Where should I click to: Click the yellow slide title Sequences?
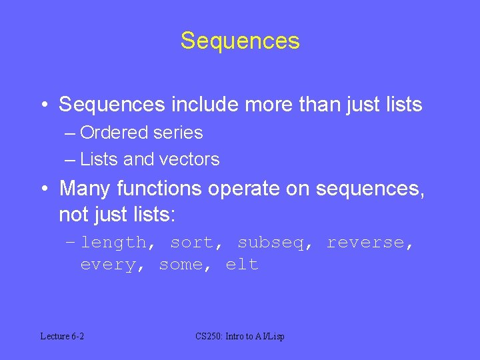coord(240,41)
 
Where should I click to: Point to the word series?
coord(178,133)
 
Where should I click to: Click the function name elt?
coord(242,265)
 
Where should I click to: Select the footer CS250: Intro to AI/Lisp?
coord(240,337)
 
